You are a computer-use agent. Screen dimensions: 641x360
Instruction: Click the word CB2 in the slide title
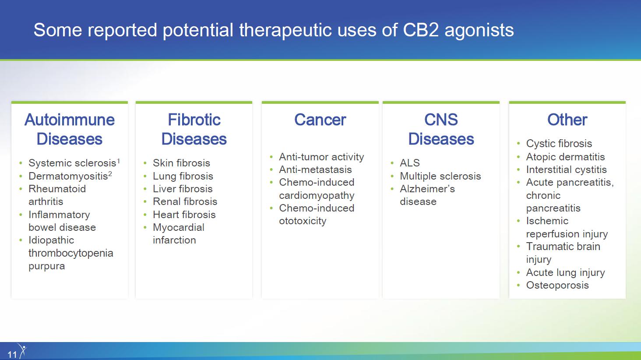(421, 30)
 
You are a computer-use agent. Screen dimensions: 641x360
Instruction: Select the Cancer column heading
(320, 120)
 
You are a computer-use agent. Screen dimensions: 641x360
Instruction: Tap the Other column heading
(567, 120)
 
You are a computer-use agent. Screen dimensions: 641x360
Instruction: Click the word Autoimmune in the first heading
(70, 120)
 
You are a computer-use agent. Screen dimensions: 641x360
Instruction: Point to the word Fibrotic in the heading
(194, 120)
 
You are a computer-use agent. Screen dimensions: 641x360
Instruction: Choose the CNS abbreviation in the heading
(441, 120)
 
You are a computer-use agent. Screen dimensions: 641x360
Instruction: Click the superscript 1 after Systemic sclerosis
(119, 161)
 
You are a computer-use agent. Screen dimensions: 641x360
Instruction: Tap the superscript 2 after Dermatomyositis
(110, 174)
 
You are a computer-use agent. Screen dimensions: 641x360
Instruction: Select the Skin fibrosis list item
(181, 163)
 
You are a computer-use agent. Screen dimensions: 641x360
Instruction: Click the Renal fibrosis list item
(185, 201)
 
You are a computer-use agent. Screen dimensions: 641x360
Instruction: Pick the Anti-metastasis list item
(315, 169)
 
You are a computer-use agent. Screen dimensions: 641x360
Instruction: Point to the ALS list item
(410, 163)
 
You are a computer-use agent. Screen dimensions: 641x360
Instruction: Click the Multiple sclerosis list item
(440, 176)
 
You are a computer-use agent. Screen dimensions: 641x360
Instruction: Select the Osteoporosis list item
(557, 285)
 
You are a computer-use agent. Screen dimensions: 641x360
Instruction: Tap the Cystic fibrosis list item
(559, 143)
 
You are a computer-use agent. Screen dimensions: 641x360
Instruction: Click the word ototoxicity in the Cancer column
(303, 221)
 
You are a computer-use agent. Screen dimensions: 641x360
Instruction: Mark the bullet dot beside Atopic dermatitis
(518, 157)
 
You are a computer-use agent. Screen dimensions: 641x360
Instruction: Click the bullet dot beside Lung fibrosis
(145, 176)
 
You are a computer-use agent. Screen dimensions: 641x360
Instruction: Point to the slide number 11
(12, 355)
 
